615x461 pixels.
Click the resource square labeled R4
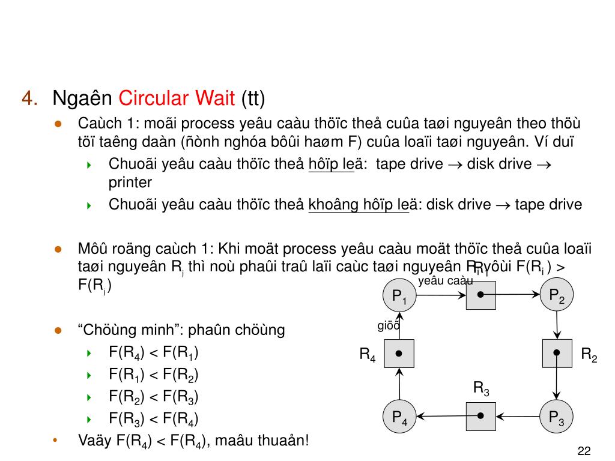tap(399, 354)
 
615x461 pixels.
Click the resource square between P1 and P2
tap(481, 295)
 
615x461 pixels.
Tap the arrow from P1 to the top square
tap(441, 295)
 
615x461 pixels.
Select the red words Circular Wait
tap(178, 97)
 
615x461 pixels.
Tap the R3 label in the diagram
tap(481, 388)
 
